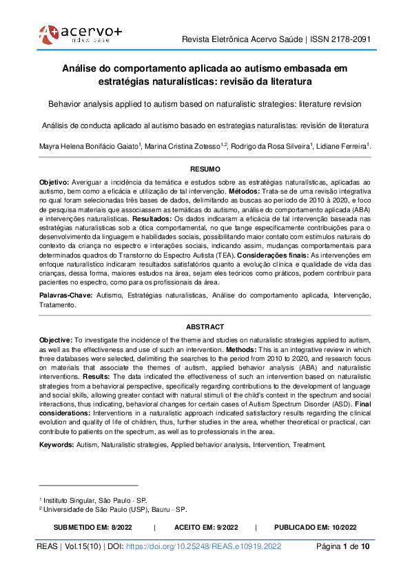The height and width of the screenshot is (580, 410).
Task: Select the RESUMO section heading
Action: [205, 169]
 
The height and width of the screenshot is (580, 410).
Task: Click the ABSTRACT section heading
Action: [205, 327]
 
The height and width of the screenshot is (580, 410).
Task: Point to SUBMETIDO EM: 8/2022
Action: [92, 527]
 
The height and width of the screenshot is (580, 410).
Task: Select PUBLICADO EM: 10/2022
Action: [315, 527]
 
